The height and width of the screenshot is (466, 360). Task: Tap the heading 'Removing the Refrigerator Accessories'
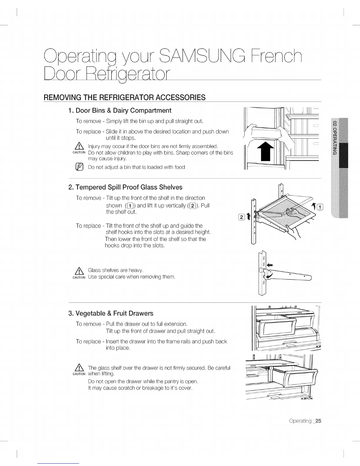124,97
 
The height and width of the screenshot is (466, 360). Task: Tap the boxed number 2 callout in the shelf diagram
242,218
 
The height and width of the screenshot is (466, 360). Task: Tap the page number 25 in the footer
318,421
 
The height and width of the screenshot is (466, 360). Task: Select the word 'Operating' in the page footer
300,421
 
